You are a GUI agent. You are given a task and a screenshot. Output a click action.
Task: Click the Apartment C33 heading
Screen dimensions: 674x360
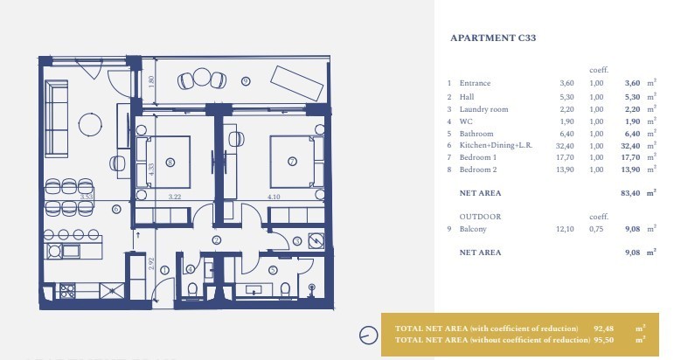493,38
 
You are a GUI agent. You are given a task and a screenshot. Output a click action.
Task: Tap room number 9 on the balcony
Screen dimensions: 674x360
246,80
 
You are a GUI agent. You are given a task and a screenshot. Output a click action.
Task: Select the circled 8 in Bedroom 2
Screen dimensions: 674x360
170,163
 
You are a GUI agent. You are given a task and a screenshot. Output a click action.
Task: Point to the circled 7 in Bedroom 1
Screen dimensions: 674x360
292,162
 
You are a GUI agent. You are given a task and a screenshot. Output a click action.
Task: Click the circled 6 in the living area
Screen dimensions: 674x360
115,209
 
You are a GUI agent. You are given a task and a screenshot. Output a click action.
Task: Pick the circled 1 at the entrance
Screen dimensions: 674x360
164,270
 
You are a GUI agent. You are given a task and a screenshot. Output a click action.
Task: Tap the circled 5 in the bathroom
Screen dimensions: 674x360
273,270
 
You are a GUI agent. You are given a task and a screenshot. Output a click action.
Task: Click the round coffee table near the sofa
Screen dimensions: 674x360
90,125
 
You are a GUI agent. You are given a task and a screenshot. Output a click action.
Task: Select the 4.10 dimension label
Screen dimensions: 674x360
274,197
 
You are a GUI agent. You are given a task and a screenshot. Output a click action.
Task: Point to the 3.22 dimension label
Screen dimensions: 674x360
175,197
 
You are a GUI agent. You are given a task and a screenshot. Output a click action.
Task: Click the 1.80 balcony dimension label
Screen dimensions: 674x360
151,81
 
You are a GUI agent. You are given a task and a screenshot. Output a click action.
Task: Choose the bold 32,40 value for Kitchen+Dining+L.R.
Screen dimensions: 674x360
630,146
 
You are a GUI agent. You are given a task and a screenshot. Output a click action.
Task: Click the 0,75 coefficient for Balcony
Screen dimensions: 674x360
596,229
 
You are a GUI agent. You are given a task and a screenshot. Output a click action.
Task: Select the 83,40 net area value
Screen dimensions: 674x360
630,193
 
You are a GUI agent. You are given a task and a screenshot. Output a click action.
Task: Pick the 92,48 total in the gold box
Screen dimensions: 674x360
603,329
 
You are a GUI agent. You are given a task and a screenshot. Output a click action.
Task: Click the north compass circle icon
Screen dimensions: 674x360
368,335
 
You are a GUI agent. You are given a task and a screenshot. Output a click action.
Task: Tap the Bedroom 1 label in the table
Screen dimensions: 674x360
478,157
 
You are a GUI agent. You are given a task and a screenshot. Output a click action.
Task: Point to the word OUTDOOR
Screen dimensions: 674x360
480,217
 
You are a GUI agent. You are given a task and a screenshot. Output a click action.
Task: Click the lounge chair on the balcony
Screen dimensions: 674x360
296,83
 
